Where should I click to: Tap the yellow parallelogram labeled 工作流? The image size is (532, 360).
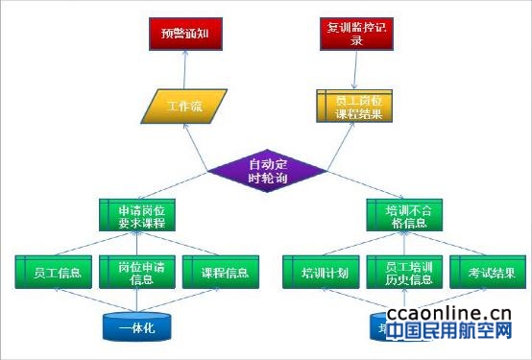tap(188, 106)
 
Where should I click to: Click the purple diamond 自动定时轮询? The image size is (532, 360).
tap(268, 169)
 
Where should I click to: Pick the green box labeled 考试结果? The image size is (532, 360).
tap(487, 272)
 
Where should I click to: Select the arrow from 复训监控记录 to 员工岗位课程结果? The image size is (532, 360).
tap(357, 69)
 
